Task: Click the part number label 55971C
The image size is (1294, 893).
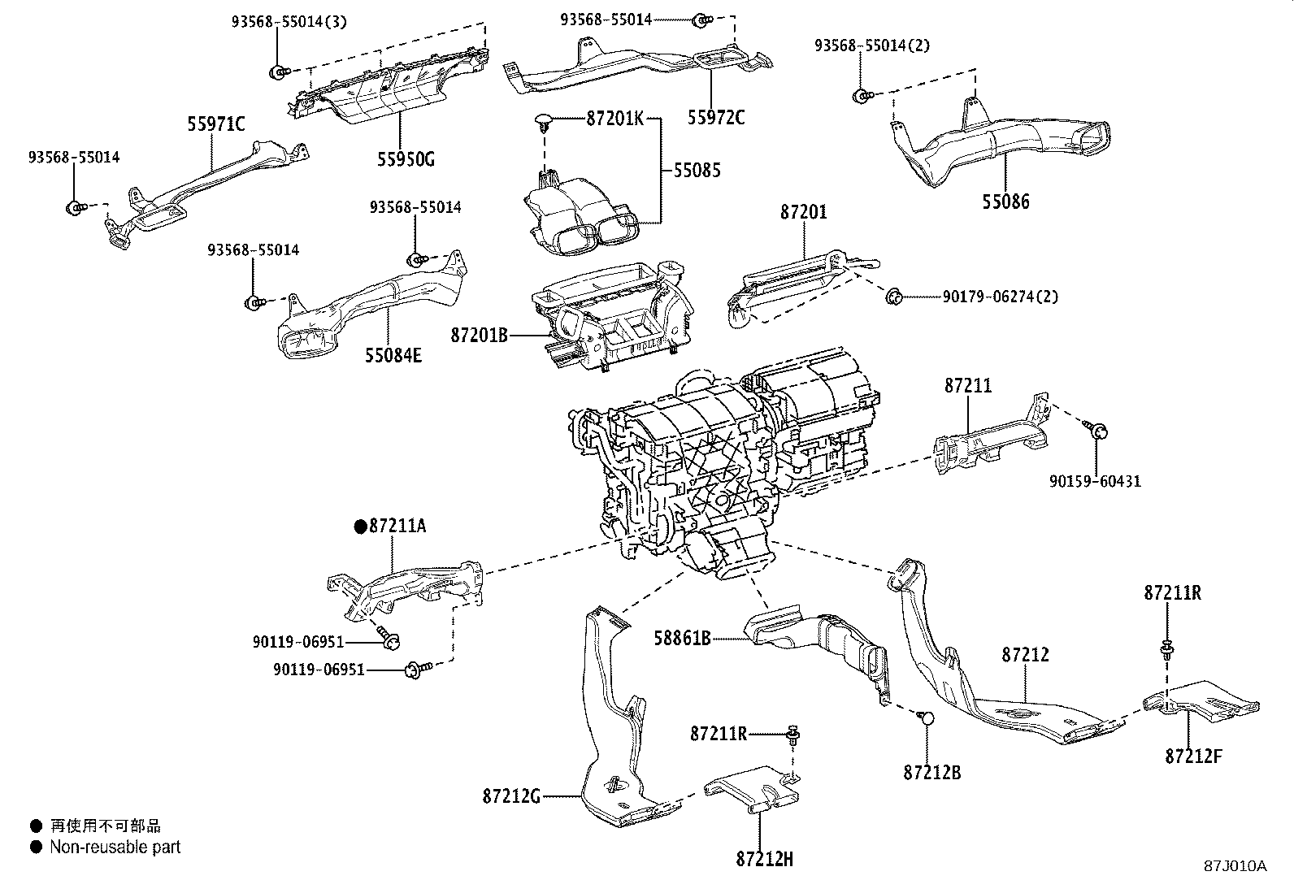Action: (x=216, y=124)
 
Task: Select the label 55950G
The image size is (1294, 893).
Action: (x=406, y=158)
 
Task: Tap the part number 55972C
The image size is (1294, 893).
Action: (x=715, y=118)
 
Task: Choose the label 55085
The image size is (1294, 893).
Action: (x=696, y=171)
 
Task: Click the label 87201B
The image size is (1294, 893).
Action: (x=480, y=334)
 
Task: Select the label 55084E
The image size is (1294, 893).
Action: (x=393, y=355)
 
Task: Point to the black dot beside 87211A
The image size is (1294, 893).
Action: (x=360, y=527)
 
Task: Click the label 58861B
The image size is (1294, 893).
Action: (x=683, y=639)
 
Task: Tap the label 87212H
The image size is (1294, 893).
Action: (x=764, y=859)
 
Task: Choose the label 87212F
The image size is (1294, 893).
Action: (x=1193, y=756)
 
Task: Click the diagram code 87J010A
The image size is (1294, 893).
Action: (x=1235, y=865)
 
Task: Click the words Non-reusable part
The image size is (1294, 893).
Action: (x=115, y=847)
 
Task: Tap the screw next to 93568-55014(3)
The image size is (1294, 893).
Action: (x=278, y=72)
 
